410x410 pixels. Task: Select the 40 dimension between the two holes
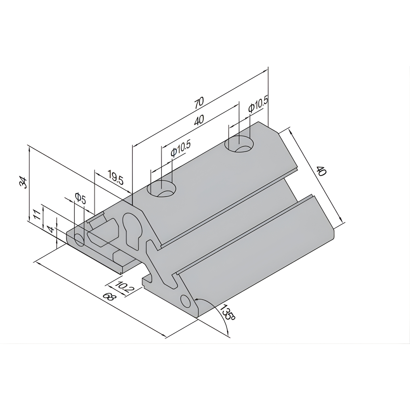pyautogui.click(x=199, y=121)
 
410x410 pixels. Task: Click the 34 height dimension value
pyautogui.click(x=23, y=183)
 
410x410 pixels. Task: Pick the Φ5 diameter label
pyautogui.click(x=80, y=198)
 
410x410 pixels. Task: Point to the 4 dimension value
pyautogui.click(x=51, y=229)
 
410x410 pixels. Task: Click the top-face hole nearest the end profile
pyautogui.click(x=161, y=188)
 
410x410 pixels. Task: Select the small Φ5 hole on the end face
pyautogui.click(x=79, y=240)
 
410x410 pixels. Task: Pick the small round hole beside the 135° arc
pyautogui.click(x=186, y=301)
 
